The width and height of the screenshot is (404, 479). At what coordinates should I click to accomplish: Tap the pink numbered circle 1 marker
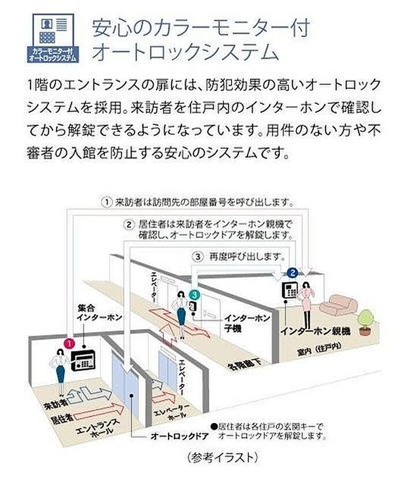(x=69, y=343)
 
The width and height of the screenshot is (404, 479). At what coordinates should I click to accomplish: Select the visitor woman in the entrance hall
(x=60, y=369)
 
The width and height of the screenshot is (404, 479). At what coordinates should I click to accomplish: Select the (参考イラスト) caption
(x=221, y=458)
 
